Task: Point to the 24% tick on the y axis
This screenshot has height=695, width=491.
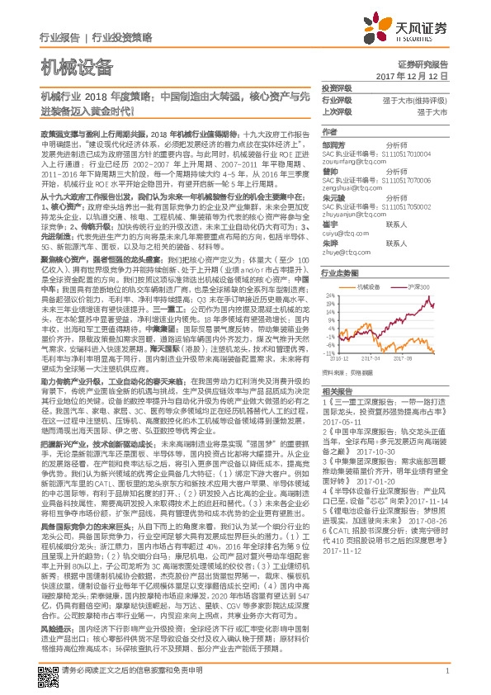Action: tap(328, 294)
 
